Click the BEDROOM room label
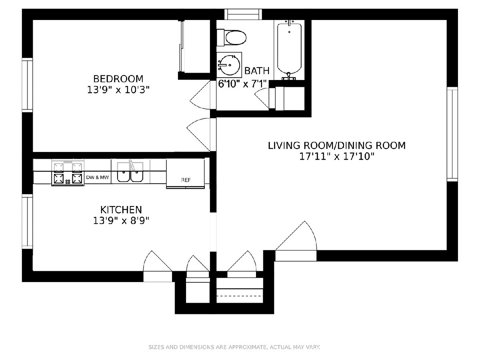tap(118, 79)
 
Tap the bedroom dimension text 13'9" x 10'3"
tap(118, 90)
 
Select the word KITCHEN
tap(121, 210)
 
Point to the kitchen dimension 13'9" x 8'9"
tap(121, 221)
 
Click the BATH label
tap(257, 71)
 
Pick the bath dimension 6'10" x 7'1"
tap(242, 84)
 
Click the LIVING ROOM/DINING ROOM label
tap(337, 146)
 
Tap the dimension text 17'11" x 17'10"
tap(337, 156)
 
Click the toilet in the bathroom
tap(232, 38)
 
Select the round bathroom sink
tap(229, 65)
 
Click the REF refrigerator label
tap(186, 180)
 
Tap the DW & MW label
tap(98, 177)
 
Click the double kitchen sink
tap(130, 172)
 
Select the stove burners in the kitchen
tap(68, 173)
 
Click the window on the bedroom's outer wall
tap(27, 85)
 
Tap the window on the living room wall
tap(452, 134)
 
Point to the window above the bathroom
tap(243, 14)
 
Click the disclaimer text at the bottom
tap(234, 347)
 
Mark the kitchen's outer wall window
tap(27, 222)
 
